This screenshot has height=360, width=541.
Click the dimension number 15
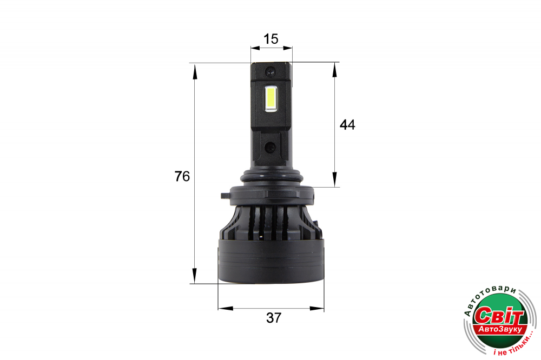coord(271,39)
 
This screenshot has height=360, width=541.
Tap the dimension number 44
coord(347,124)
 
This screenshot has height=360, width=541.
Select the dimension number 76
coord(182,176)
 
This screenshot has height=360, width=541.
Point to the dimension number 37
coord(274,318)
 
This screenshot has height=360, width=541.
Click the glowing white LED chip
coord(270,99)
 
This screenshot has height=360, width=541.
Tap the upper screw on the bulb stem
coord(270,72)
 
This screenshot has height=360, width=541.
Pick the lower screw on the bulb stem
coord(270,148)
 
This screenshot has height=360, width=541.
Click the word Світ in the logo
coord(499,315)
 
